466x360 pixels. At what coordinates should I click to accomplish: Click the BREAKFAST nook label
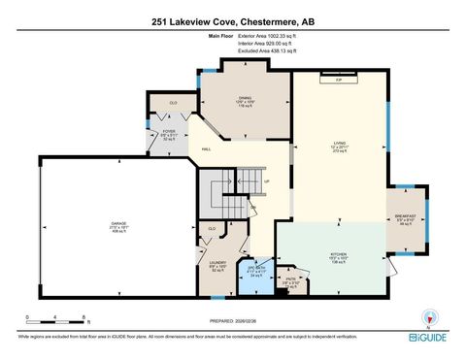click(405, 215)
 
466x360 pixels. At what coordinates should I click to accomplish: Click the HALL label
click(207, 149)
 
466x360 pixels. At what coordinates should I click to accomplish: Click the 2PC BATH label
click(256, 269)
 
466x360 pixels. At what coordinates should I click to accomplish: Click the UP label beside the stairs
click(267, 180)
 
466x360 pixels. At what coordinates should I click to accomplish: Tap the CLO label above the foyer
click(173, 102)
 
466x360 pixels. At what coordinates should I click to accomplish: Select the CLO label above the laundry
click(211, 229)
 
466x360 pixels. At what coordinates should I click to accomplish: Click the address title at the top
click(233, 20)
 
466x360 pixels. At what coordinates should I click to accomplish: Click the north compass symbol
click(427, 317)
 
